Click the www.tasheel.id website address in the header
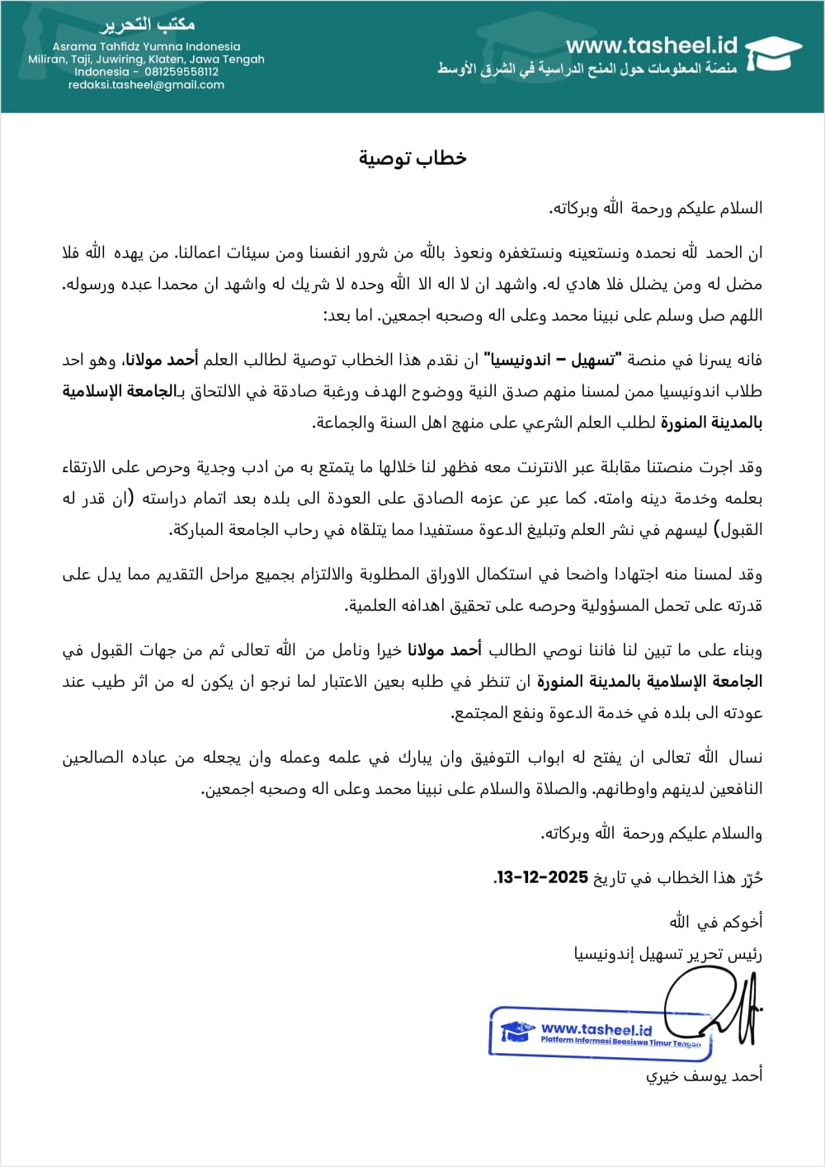pos(651,46)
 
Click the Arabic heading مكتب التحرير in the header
pos(146,26)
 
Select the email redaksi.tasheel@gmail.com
pos(146,84)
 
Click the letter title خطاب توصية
pos(412,158)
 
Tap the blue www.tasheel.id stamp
pos(600,1032)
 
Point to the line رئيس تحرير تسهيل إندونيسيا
pos(667,954)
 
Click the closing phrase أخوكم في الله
pos(715,921)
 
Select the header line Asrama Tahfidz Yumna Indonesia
pos(146,46)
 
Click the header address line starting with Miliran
pos(146,59)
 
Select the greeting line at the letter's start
pos(655,209)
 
